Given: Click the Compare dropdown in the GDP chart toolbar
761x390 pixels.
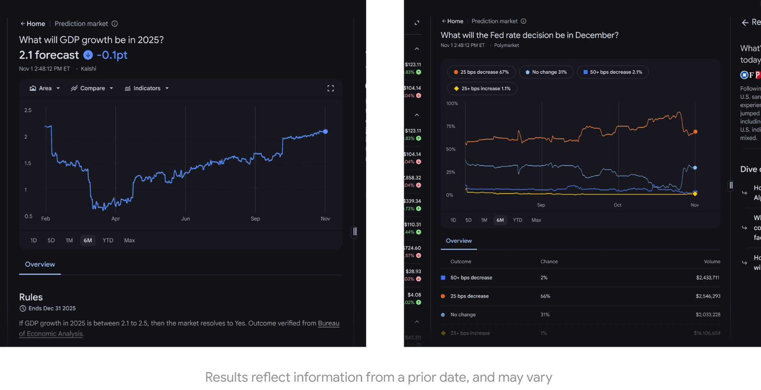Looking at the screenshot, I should tap(92, 88).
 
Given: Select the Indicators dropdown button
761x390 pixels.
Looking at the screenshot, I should tap(147, 88).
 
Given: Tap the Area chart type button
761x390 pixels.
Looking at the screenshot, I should tap(44, 88).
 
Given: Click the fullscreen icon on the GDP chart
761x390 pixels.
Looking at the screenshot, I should tap(331, 88).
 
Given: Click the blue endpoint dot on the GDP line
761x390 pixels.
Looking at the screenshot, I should tap(325, 132).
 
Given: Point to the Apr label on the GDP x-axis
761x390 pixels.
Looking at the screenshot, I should tap(115, 219).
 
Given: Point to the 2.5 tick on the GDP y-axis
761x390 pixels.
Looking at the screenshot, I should tap(28, 110).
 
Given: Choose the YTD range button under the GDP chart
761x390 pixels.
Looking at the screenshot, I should tap(108, 241).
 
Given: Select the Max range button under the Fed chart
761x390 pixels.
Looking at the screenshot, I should tap(536, 220).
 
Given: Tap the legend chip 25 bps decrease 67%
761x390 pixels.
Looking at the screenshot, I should tap(481, 72).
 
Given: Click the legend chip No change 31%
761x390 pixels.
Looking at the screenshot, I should tap(546, 72).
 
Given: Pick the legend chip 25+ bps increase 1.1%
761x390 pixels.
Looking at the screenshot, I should tap(482, 88).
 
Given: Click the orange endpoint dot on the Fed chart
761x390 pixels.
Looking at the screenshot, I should tap(695, 132).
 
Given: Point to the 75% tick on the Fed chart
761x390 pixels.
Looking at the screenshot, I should tap(451, 126).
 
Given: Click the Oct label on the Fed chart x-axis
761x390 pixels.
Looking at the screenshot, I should tap(618, 205).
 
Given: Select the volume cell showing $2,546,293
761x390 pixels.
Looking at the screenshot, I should tap(708, 296).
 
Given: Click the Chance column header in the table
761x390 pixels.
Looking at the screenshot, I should tap(549, 262).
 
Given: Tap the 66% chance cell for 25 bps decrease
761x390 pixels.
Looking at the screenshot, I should tap(545, 296).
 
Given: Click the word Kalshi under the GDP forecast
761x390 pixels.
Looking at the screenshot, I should tap(88, 69).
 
